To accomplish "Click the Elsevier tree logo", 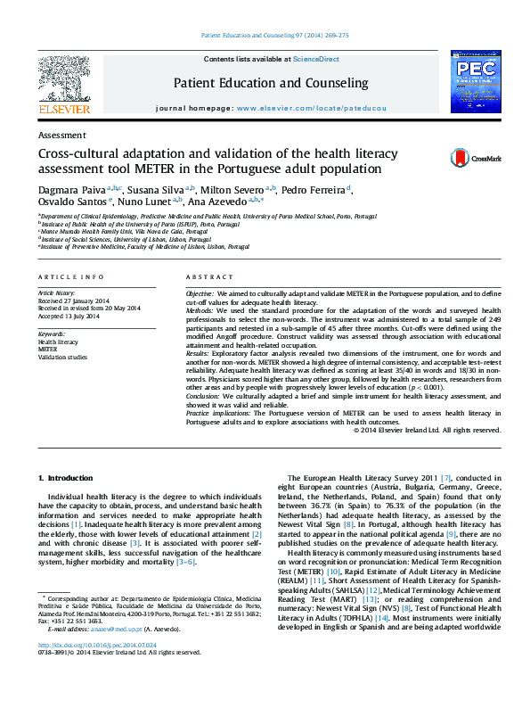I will (x=63, y=83).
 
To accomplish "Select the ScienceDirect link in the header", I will (x=316, y=59).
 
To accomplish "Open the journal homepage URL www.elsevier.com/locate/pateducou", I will (x=311, y=108).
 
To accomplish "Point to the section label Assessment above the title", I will (x=62, y=135).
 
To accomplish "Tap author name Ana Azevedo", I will (x=216, y=203).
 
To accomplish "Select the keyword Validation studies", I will (x=62, y=356).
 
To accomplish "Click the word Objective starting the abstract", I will (x=199, y=293).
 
